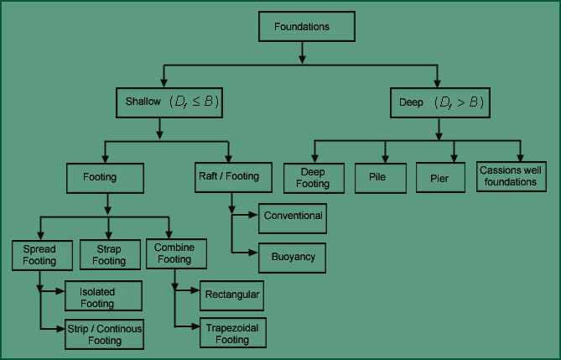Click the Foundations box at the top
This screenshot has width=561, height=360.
click(x=301, y=27)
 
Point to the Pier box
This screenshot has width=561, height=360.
click(x=440, y=176)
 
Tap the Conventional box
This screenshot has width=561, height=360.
click(x=293, y=217)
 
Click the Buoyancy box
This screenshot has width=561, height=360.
click(x=293, y=257)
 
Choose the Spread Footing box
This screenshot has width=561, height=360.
click(x=39, y=255)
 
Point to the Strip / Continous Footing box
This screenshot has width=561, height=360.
click(x=105, y=335)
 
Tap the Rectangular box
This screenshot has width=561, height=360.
click(x=231, y=295)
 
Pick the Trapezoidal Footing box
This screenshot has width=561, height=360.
click(x=231, y=335)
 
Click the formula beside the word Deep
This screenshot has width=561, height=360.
click(x=457, y=103)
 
